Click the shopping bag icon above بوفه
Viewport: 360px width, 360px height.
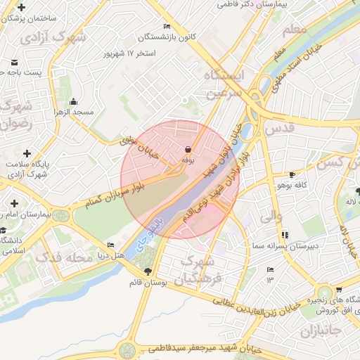coord(188,150)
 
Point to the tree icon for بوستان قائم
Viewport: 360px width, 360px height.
coord(147,271)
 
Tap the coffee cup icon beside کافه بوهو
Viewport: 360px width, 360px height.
coord(292,174)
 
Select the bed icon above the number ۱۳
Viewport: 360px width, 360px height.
coord(270,269)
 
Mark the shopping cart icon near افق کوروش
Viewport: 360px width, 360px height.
coord(338,290)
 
